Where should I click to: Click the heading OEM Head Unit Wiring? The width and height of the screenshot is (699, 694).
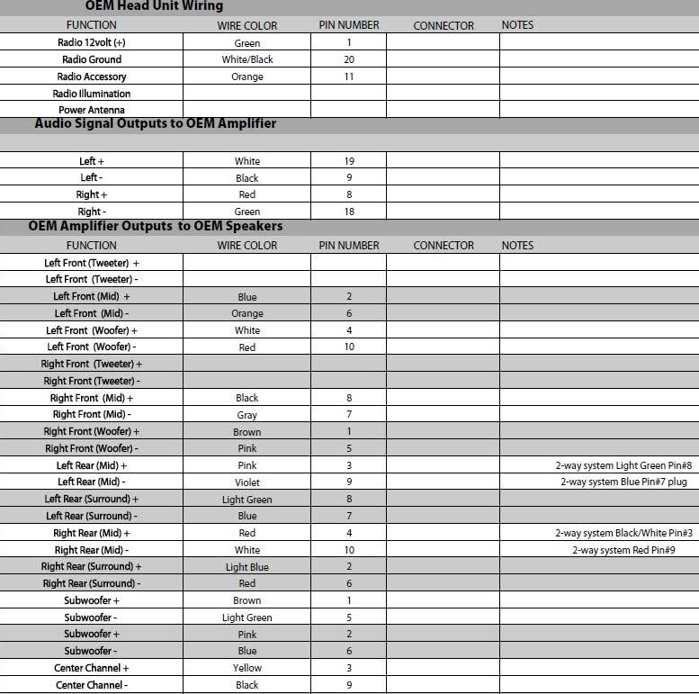point(154,6)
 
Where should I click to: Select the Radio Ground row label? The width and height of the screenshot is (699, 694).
point(91,59)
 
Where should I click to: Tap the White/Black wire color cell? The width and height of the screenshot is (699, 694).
point(247,59)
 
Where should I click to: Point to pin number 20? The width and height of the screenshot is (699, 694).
point(349,59)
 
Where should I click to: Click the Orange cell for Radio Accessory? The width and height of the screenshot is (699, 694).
point(247,77)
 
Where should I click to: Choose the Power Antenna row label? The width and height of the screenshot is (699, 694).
point(91,111)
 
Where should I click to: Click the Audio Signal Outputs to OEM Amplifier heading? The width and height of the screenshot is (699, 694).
point(155,123)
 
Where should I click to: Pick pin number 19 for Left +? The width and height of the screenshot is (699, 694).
point(349,161)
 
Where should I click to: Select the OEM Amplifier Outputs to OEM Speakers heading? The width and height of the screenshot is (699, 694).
point(155,226)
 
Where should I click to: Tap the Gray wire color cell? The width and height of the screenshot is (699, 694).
point(247,415)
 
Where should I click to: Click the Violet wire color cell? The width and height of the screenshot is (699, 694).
point(247,482)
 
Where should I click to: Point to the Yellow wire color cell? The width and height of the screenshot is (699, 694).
point(247,668)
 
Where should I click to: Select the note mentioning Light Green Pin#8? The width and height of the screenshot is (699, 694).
point(623,465)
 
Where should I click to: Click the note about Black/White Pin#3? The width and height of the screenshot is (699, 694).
point(623,533)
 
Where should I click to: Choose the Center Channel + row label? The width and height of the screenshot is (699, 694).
point(92,668)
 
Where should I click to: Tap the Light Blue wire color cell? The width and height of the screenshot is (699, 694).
point(247,567)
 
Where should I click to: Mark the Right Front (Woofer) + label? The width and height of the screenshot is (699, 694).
point(92,431)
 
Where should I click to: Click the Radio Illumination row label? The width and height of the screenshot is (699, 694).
point(91,94)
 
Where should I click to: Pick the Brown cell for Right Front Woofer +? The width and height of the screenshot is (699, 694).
point(247,432)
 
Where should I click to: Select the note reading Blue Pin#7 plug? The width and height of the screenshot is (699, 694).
point(623,482)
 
